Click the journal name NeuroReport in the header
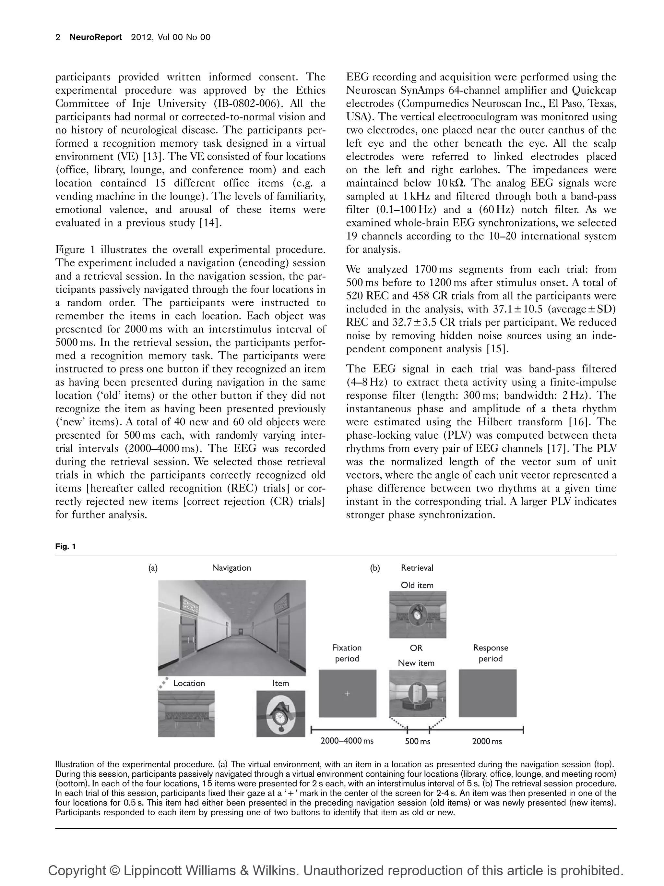tap(96, 37)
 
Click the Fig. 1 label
tap(65, 546)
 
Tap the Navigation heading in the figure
tap(231, 567)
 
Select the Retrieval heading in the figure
tap(417, 567)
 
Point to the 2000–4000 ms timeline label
tap(347, 741)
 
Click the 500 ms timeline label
tap(418, 741)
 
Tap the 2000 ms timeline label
tap(487, 741)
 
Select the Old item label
tap(417, 585)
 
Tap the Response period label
tap(490, 653)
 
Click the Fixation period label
tap(347, 653)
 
